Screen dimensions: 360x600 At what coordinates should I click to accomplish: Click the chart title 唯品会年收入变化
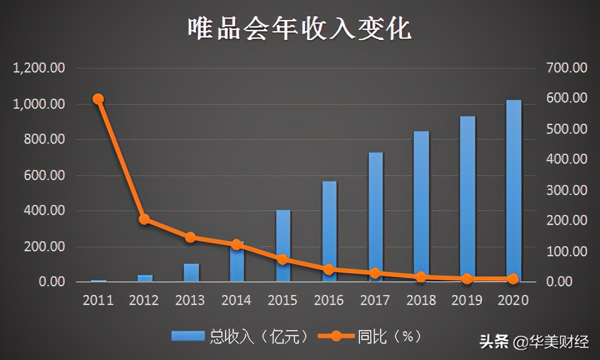300,29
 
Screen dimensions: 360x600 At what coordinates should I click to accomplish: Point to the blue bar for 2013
191,273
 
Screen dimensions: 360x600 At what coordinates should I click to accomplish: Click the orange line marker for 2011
98,99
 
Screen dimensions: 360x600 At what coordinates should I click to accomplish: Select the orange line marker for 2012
144,219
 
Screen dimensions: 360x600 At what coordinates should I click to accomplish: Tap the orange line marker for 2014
236,245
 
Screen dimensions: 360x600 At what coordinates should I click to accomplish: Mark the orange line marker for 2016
329,269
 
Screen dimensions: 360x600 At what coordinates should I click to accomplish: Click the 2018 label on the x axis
421,301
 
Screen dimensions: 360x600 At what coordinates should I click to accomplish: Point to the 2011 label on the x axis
98,301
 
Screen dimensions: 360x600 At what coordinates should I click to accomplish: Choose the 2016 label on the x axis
329,301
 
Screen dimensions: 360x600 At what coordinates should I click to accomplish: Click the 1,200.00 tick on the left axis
39,68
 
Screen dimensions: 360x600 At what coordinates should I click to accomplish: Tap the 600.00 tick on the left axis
44,175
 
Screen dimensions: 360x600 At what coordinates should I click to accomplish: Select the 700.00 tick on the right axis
566,68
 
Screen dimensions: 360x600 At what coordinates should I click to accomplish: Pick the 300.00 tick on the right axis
566,190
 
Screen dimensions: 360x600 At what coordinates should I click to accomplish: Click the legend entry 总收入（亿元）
241,336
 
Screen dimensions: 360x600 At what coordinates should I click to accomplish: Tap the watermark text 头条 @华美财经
534,342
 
